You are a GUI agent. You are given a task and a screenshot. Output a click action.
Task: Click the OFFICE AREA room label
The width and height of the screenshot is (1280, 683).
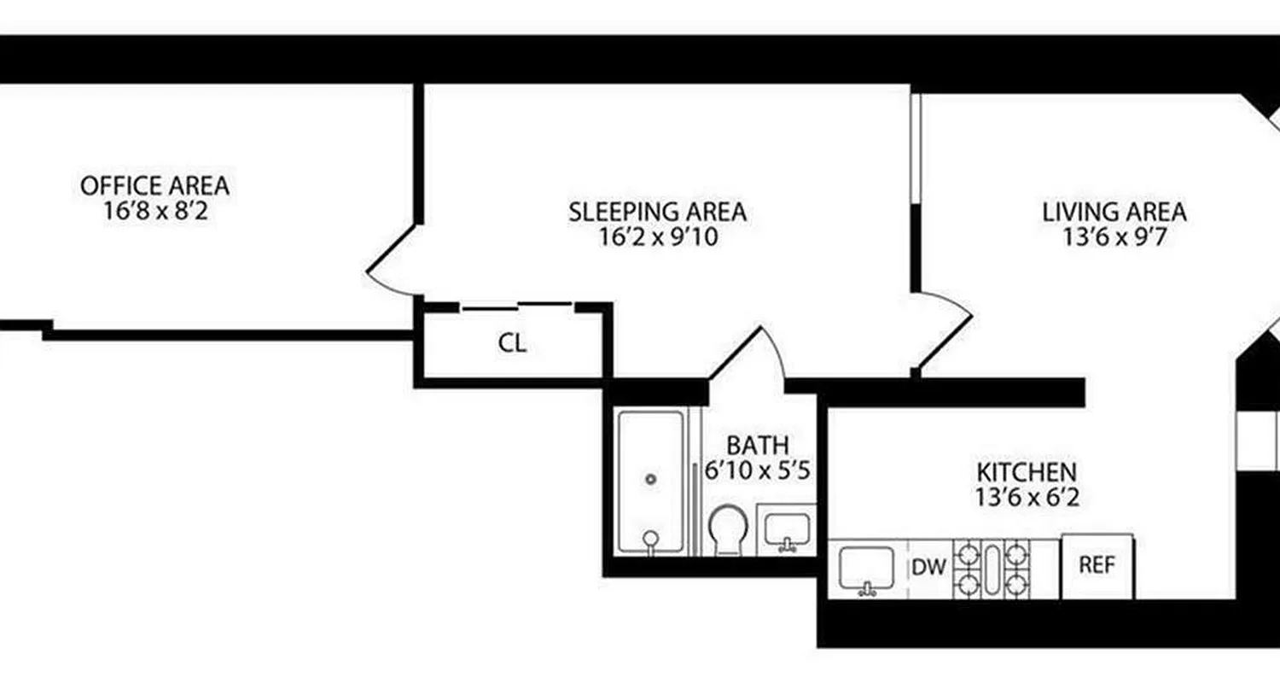pos(154,184)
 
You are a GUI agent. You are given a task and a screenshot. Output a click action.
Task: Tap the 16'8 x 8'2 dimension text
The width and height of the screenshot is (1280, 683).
pos(154,210)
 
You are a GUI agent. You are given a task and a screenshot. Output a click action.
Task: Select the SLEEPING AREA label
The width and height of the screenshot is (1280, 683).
pos(657,211)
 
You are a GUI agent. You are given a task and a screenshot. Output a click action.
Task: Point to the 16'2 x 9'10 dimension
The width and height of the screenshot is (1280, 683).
pos(657,236)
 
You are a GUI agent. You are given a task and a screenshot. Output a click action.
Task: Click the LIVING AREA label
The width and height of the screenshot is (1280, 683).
pos(1114,211)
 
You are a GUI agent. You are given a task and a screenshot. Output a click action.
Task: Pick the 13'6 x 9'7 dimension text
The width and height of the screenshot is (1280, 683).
pos(1114,236)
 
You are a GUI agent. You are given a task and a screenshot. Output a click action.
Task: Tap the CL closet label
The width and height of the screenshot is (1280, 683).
pos(512,344)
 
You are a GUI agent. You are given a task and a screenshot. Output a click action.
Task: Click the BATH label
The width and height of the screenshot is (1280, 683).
pos(757,445)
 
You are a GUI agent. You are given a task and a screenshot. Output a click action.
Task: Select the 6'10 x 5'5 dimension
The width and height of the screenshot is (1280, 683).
pos(757,470)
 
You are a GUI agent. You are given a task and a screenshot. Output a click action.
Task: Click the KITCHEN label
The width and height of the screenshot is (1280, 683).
pos(1027,471)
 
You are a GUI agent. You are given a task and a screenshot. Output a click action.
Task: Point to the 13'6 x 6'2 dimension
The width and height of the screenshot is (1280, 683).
pos(1027,496)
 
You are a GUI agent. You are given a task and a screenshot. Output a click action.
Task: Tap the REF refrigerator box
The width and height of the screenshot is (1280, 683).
pos(1097,566)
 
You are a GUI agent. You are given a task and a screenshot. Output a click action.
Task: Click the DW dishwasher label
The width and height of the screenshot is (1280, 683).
pos(929,567)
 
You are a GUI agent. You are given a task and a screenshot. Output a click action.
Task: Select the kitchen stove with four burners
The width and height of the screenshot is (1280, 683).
pos(990,568)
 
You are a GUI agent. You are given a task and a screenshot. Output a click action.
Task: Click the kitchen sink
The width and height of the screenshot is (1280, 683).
pos(866,569)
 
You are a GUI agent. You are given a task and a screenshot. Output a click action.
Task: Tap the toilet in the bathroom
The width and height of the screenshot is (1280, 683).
pos(728,530)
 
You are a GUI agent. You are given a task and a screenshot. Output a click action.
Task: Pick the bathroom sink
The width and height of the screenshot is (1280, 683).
pos(786,531)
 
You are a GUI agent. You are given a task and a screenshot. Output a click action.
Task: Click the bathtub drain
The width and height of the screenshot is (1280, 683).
pos(652,479)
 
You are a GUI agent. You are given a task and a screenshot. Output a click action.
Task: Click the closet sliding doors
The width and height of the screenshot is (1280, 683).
pos(517,306)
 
